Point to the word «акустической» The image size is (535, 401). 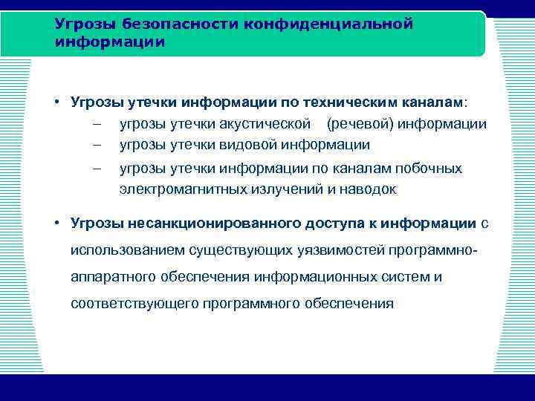point(279,124)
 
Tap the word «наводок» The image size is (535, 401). point(369,189)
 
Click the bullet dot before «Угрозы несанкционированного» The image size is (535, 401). point(56,223)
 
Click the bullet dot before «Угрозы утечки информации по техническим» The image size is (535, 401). point(56,102)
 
